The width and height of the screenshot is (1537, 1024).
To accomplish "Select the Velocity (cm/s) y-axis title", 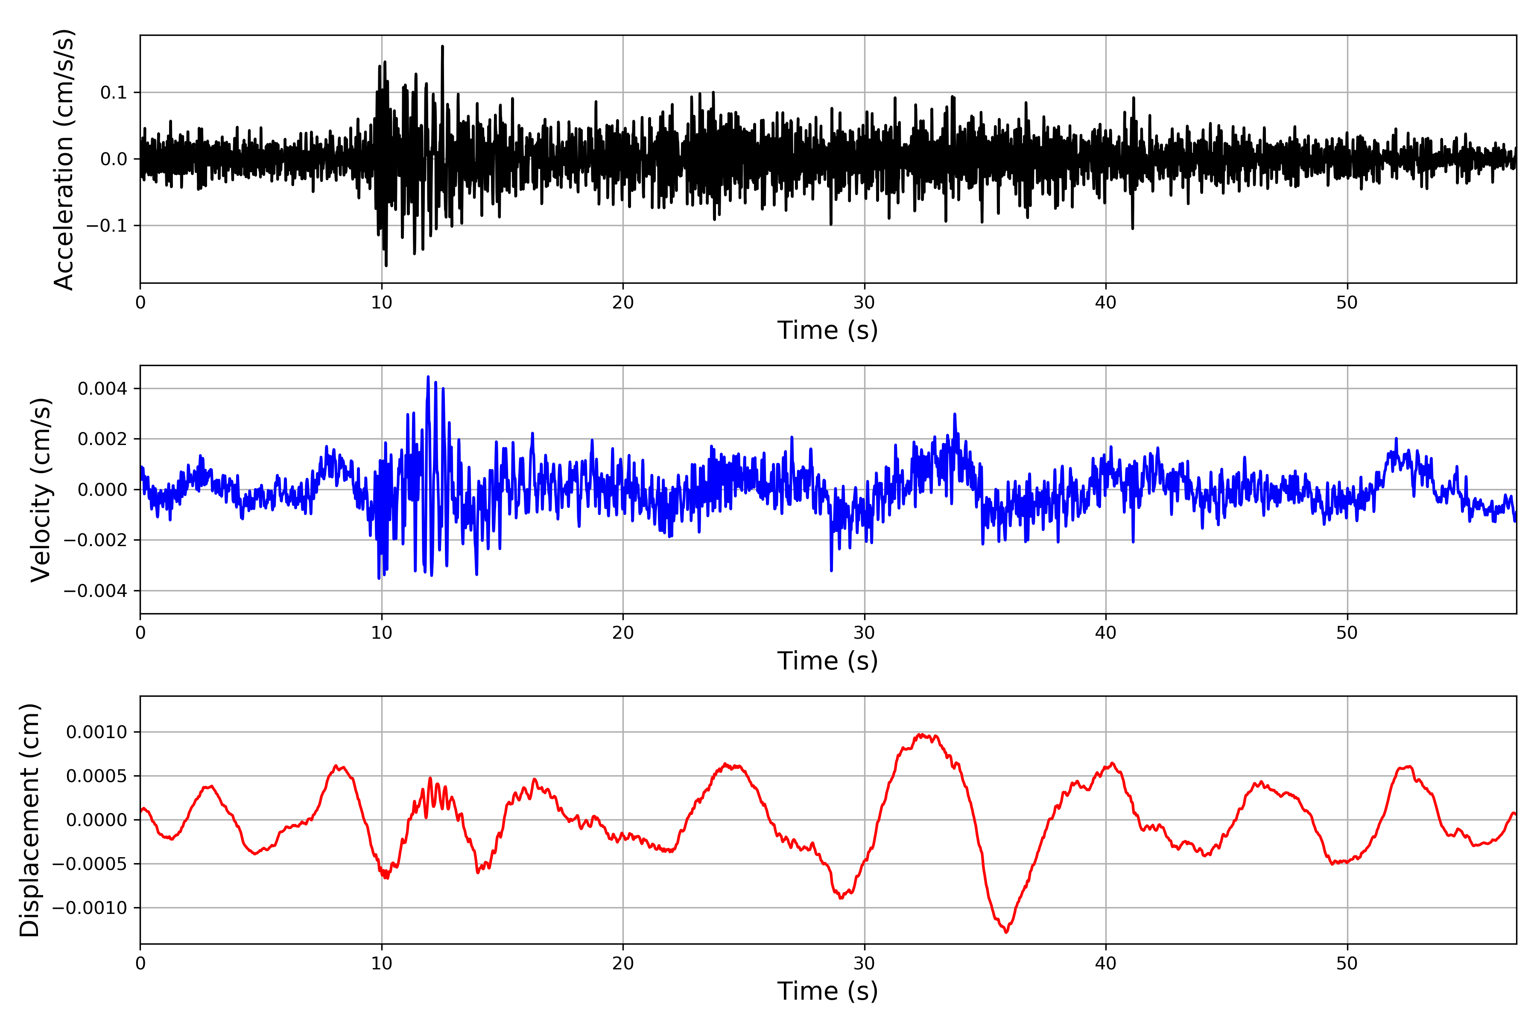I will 41,490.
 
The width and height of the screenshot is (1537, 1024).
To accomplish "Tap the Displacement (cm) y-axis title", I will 29,820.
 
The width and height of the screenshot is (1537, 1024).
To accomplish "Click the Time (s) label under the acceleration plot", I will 827,330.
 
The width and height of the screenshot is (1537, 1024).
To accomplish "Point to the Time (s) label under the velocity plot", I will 827,661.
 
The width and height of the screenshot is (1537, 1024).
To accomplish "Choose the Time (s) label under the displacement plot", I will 827,991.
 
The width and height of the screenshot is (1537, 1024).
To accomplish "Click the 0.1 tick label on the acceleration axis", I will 113,93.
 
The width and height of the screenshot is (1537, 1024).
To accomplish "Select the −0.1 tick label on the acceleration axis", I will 107,226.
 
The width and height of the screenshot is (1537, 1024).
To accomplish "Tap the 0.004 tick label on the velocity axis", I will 102,389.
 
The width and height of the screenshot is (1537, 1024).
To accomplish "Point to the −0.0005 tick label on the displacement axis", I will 90,864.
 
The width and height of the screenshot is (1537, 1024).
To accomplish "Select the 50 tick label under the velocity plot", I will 1347,633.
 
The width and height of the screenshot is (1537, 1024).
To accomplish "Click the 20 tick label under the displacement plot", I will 623,963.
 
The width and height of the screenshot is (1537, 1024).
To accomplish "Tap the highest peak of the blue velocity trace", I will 428,377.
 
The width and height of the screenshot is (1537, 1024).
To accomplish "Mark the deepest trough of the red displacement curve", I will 1006,932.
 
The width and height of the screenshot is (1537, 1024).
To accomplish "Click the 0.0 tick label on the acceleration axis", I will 113,159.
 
